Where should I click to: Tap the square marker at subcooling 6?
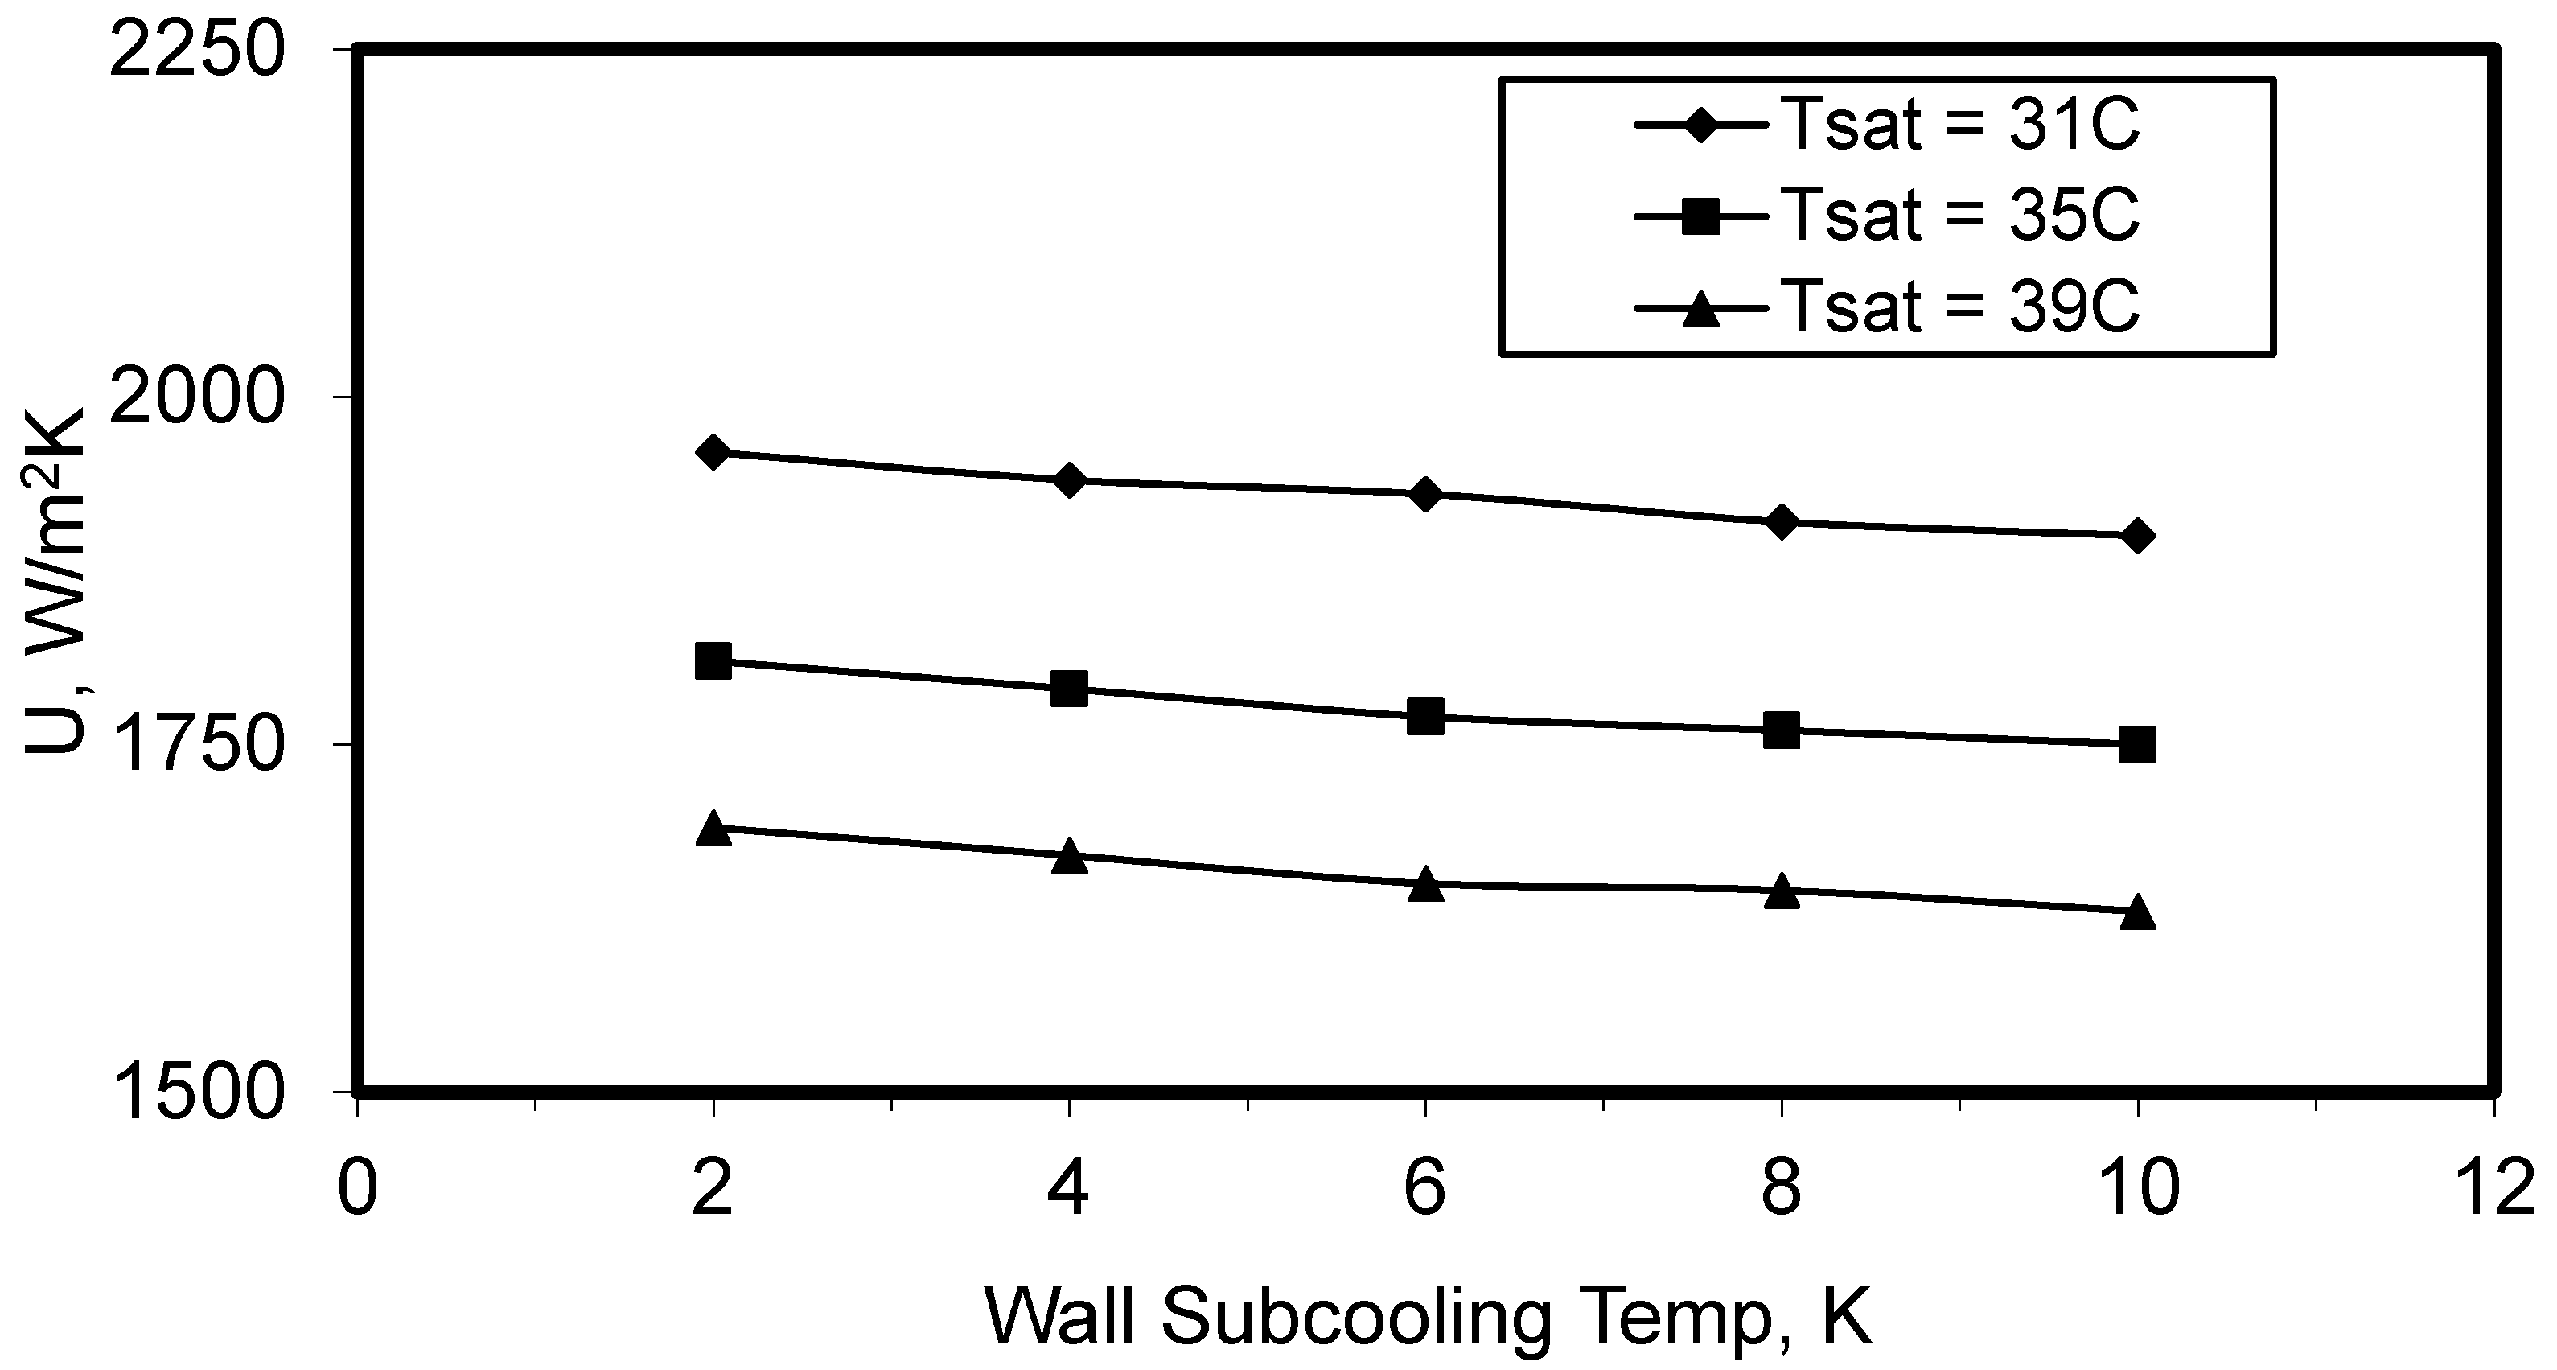pyautogui.click(x=1425, y=716)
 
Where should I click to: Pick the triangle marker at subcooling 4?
pyautogui.click(x=1069, y=856)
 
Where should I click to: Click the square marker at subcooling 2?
pyautogui.click(x=713, y=660)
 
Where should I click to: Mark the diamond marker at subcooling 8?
pyautogui.click(x=1782, y=522)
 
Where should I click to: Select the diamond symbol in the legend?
pyautogui.click(x=1700, y=126)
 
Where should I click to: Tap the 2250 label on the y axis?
pyautogui.click(x=195, y=51)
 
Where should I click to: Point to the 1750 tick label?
pyautogui.click(x=195, y=746)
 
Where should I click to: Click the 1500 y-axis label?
pyautogui.click(x=195, y=1094)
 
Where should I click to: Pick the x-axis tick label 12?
pyautogui.click(x=2494, y=1189)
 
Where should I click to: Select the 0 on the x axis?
pyautogui.click(x=357, y=1189)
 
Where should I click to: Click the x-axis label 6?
pyautogui.click(x=1425, y=1189)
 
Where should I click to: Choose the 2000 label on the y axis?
pyautogui.click(x=195, y=398)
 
